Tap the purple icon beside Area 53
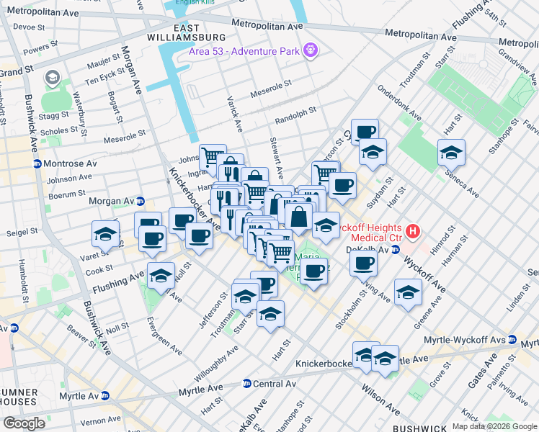point(311,51)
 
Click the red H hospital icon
point(412,231)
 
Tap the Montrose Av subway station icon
point(37,163)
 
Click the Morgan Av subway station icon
point(141,201)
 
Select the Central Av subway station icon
point(247,384)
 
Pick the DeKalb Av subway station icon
point(395,250)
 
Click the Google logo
point(24,423)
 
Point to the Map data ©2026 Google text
point(494,426)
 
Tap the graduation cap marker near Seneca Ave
point(451,153)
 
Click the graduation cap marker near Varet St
point(105,234)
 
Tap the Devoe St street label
point(30,27)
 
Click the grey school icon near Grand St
point(52,77)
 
